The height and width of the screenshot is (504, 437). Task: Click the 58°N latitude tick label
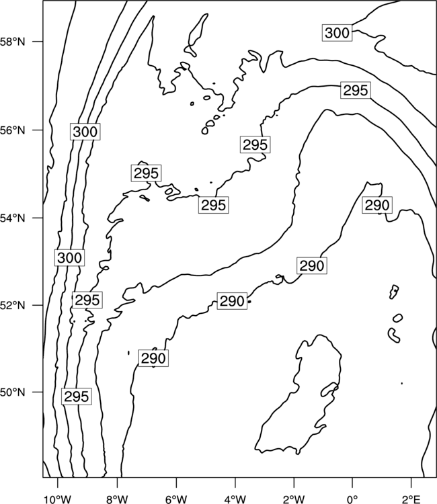12,42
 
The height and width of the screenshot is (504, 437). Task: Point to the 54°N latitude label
12,218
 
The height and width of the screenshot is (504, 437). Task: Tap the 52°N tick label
12,305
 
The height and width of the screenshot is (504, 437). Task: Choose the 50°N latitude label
12,392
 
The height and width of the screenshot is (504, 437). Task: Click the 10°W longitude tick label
58,499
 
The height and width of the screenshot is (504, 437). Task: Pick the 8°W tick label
117,499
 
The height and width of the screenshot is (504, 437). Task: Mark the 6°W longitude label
176,499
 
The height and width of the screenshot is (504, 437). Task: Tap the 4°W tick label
235,499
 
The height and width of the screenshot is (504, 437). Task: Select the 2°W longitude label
294,499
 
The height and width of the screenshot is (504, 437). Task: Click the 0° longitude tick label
352,499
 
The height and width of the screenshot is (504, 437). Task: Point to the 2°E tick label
411,499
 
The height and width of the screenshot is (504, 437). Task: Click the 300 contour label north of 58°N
337,33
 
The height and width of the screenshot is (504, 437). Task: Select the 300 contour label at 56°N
85,132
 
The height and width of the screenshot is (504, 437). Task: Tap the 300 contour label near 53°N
69,257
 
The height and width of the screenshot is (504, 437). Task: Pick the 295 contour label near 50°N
76,396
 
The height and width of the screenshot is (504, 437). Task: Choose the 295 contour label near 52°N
87,300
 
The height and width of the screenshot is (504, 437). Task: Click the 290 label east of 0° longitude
377,205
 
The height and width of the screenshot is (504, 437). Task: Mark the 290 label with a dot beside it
232,301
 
